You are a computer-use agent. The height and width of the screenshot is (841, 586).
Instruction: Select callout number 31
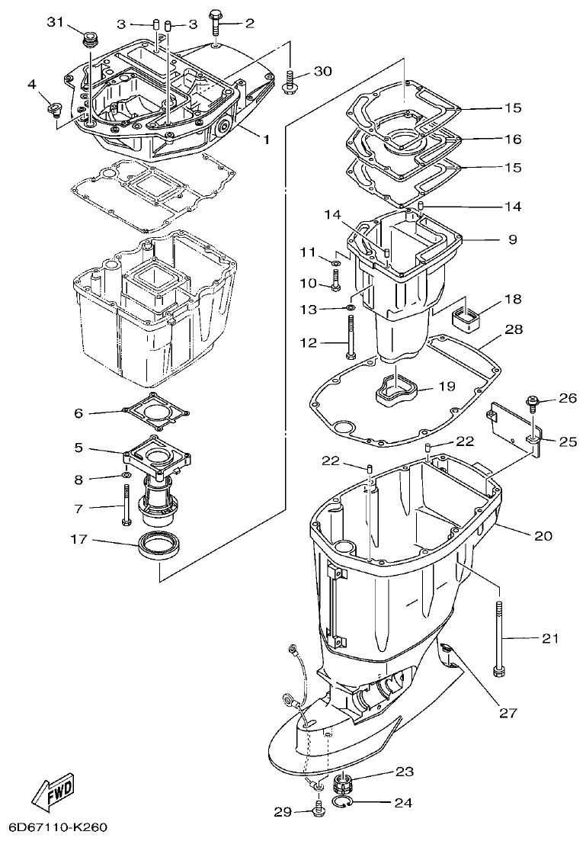(56, 22)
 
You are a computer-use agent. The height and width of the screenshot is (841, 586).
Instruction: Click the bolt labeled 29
(319, 811)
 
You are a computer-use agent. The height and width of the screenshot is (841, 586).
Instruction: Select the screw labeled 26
(530, 399)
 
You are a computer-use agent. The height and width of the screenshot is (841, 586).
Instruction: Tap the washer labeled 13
(349, 308)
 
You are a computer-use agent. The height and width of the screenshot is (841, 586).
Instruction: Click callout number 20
(543, 535)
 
